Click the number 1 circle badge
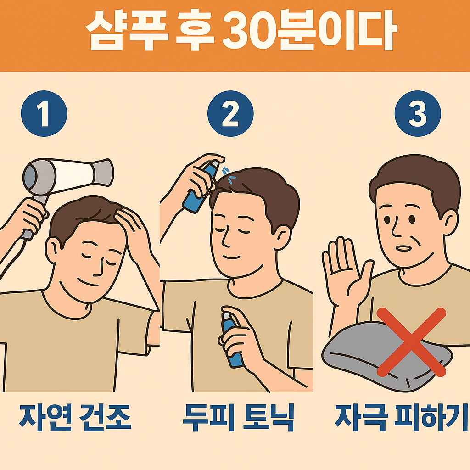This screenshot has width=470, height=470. coord(44,114)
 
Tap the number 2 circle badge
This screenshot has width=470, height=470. coord(230,114)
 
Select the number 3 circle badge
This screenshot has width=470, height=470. coord(418,114)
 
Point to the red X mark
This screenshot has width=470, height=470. coord(411,342)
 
